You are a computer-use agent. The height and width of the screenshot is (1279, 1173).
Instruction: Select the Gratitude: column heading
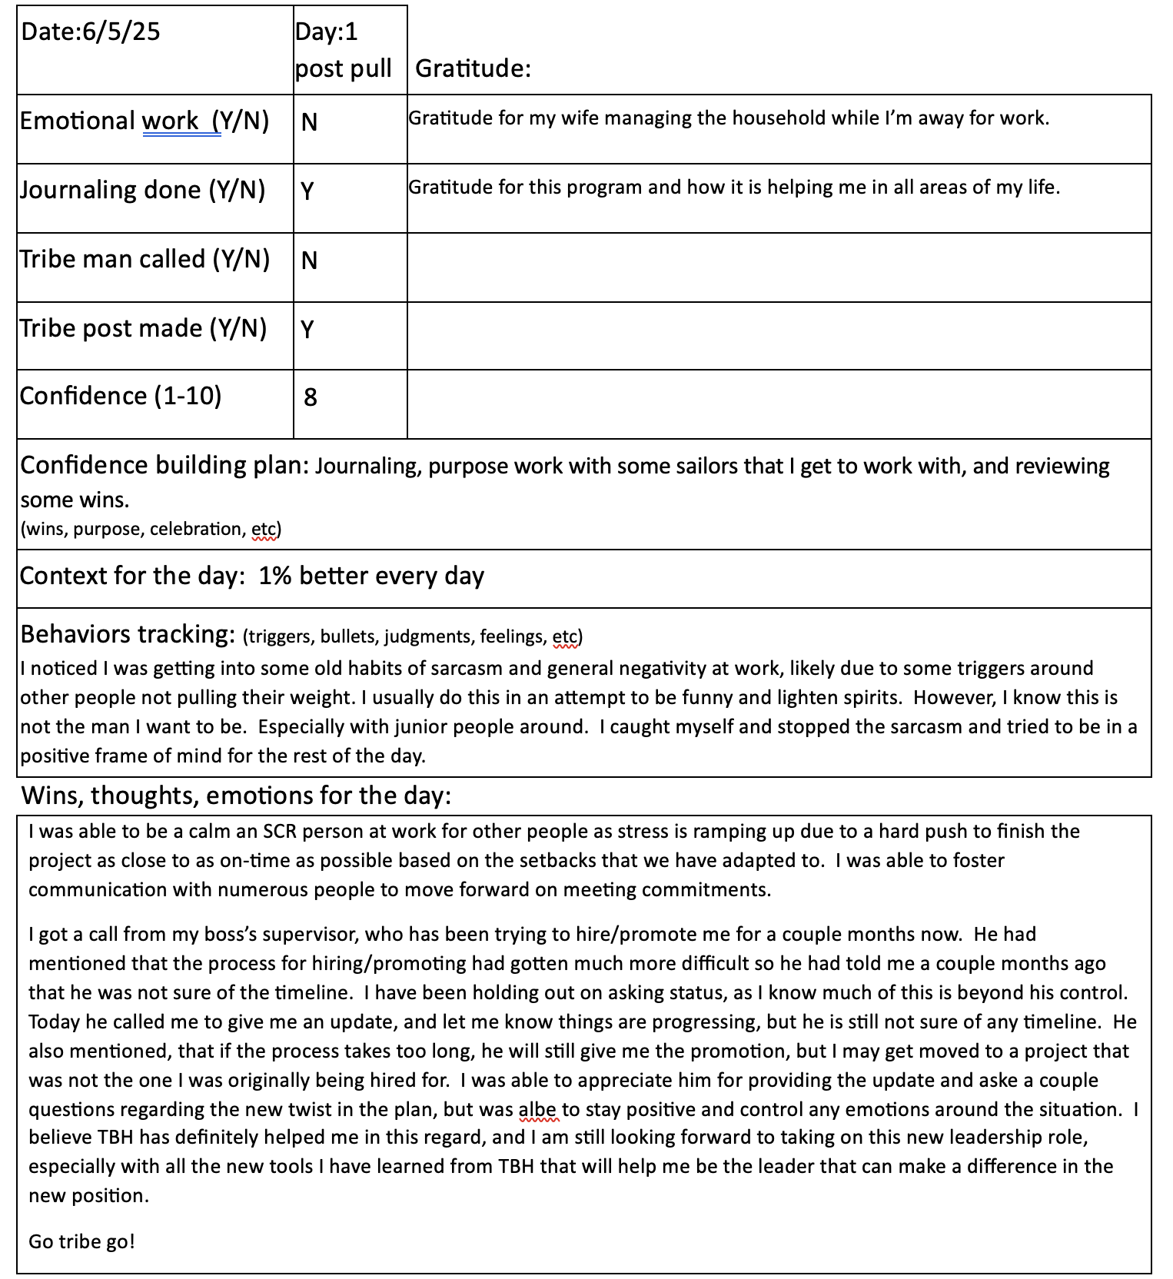click(473, 68)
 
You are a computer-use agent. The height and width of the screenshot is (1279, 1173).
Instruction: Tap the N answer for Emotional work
click(309, 122)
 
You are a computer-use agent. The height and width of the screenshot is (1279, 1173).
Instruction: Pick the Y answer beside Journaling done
click(307, 191)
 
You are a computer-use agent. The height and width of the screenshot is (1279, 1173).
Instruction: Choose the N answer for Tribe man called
click(309, 261)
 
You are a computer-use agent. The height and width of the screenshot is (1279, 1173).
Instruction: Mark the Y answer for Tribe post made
click(307, 329)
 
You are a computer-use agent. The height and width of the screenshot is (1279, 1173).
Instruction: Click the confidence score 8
click(311, 397)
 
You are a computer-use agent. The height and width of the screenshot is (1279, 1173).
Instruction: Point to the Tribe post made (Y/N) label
click(144, 328)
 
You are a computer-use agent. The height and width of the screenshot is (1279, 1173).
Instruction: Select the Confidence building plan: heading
click(164, 466)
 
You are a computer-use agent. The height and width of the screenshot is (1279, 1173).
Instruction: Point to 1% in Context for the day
click(275, 576)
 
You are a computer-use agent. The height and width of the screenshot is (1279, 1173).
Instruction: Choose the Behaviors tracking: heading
click(128, 634)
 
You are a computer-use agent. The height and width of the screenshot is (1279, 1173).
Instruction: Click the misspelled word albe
click(537, 1110)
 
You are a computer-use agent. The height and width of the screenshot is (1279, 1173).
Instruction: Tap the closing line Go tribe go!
click(82, 1241)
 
